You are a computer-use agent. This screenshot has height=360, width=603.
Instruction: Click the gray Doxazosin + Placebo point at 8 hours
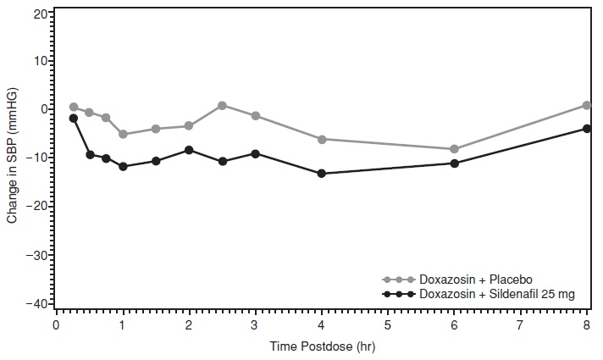click(x=587, y=105)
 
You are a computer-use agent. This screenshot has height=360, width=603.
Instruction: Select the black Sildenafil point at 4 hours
click(x=322, y=174)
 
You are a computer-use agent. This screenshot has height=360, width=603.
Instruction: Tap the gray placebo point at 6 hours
click(x=455, y=149)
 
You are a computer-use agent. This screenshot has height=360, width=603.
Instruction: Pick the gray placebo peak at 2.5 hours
click(x=222, y=106)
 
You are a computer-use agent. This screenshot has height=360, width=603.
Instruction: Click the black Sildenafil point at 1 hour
click(x=123, y=167)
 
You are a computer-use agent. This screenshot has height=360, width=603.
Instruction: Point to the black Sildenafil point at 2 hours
click(x=189, y=150)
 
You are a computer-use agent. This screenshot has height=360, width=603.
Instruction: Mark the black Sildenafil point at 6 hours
click(x=455, y=163)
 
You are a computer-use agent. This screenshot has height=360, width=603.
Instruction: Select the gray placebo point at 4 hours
click(x=322, y=139)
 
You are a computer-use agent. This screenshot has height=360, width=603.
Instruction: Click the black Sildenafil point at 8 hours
click(x=587, y=129)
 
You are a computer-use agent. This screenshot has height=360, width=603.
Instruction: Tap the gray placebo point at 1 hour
click(x=123, y=134)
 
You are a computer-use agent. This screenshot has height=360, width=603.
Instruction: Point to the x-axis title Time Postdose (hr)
click(x=321, y=347)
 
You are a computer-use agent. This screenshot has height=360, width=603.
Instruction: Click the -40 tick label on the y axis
click(x=37, y=303)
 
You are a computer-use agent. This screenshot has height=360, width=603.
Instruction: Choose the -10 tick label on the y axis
click(x=37, y=158)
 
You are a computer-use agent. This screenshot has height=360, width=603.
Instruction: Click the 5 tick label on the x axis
click(x=388, y=325)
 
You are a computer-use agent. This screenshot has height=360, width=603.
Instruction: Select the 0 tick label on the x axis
click(x=57, y=325)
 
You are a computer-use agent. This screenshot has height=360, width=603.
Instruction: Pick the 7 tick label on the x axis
click(x=520, y=325)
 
